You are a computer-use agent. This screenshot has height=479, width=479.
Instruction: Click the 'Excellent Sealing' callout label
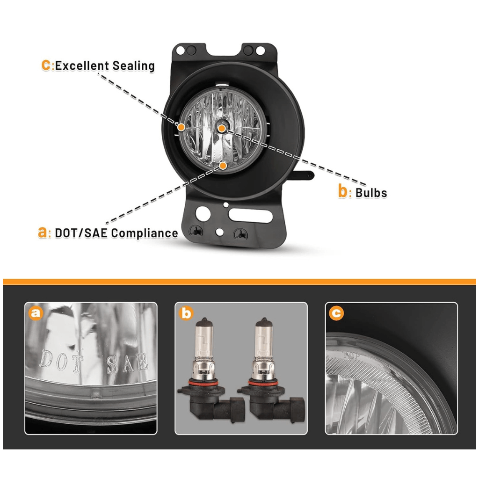104,65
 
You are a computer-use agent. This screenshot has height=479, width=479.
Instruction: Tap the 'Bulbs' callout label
370,192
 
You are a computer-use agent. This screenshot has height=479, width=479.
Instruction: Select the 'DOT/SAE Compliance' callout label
116,233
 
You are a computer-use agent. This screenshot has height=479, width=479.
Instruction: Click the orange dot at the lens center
222,127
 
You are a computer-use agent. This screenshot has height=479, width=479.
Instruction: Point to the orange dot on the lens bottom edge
223,165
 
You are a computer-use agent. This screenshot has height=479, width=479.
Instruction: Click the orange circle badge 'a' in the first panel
36,313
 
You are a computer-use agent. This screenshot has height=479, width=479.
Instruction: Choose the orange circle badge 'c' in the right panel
336,313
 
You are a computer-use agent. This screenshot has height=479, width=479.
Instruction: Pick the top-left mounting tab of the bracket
189,51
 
